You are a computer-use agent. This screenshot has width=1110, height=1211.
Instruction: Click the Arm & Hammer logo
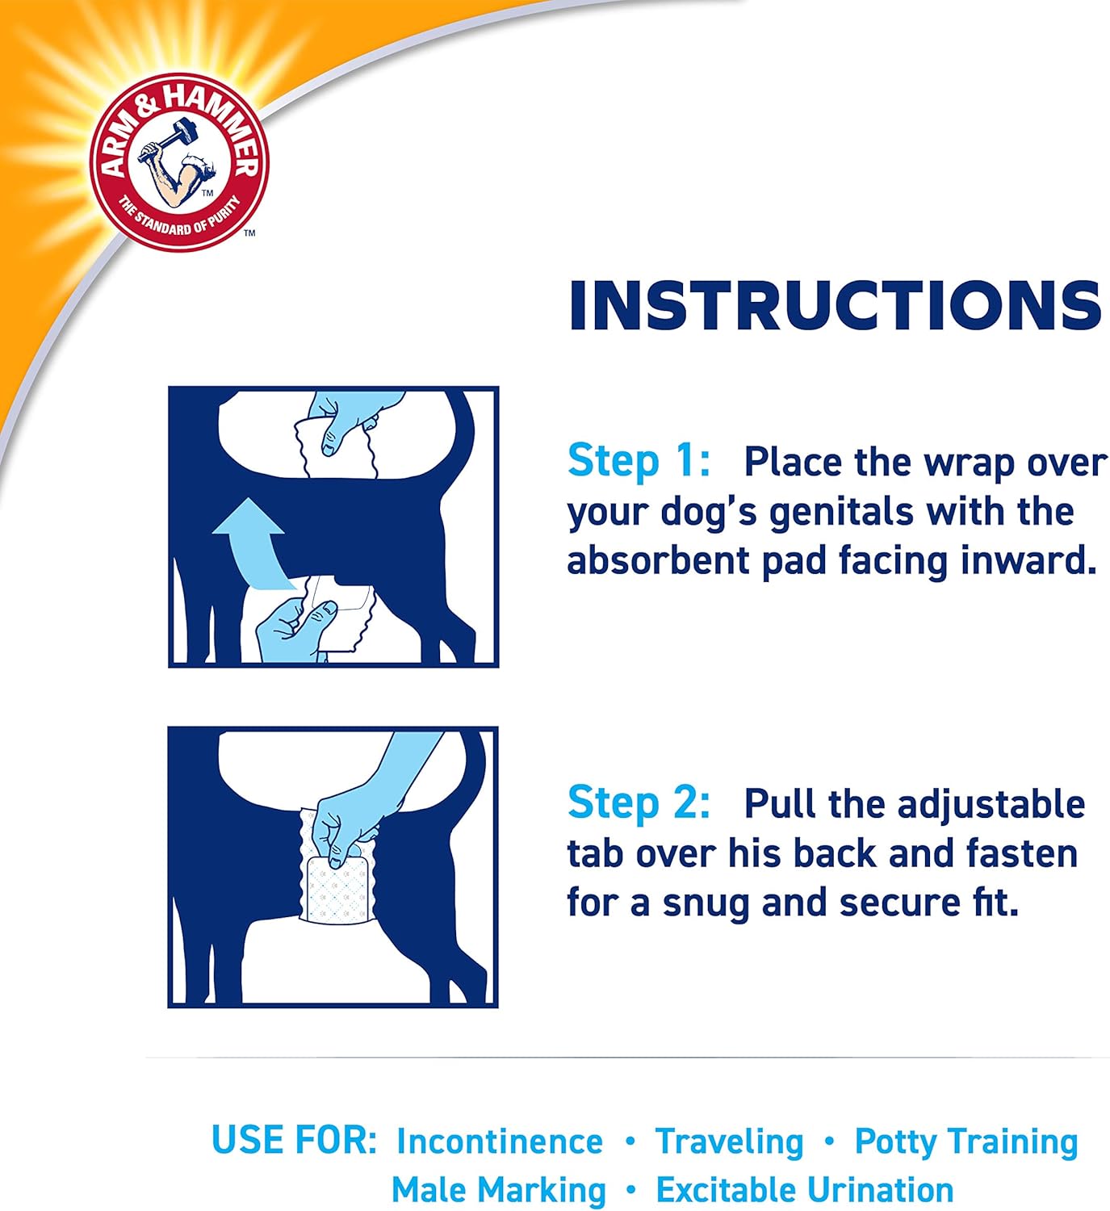click(178, 161)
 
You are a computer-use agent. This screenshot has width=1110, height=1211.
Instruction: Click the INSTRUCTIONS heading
click(835, 306)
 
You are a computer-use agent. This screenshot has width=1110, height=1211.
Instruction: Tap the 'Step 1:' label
click(638, 461)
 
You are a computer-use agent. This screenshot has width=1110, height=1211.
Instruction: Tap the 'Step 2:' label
click(638, 802)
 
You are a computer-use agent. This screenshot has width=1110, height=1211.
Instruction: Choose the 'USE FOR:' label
click(294, 1140)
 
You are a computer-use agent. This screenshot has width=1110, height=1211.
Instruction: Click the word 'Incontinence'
click(499, 1142)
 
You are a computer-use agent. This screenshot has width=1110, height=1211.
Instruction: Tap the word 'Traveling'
click(729, 1142)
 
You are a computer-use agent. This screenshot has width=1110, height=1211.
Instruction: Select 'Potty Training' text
click(965, 1142)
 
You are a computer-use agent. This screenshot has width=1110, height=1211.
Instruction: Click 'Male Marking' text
click(498, 1190)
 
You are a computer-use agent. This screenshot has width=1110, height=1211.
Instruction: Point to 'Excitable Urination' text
click(804, 1190)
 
